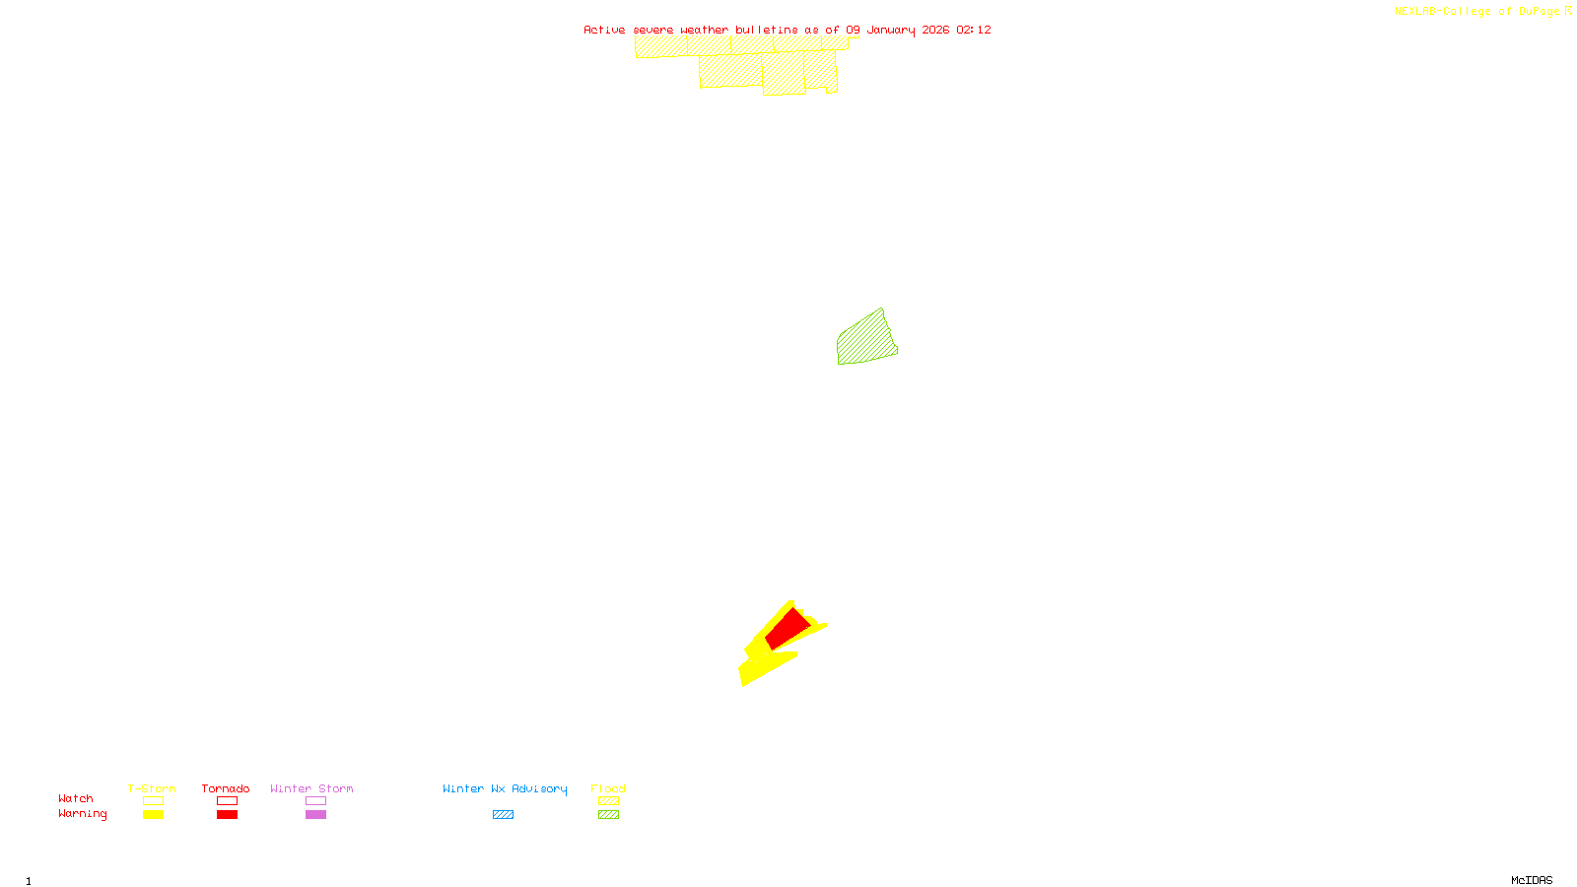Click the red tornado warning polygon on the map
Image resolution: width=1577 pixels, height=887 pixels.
click(x=788, y=628)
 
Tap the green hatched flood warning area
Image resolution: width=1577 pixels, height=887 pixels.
click(x=864, y=340)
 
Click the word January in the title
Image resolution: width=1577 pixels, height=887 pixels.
click(x=891, y=30)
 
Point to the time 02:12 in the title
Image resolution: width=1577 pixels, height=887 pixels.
click(x=974, y=30)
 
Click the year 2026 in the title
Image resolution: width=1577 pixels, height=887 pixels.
click(x=936, y=30)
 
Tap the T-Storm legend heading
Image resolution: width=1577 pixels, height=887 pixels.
click(x=152, y=788)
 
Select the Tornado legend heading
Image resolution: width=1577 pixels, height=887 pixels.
click(x=226, y=788)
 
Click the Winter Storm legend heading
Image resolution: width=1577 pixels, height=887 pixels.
click(x=311, y=788)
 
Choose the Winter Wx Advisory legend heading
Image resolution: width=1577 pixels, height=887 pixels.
click(x=505, y=788)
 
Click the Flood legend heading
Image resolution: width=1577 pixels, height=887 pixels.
click(x=608, y=788)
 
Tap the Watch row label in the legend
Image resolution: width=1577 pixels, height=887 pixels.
click(x=76, y=798)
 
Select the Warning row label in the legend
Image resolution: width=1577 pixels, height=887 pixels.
click(x=83, y=814)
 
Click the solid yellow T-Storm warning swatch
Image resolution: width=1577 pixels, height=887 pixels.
click(x=153, y=815)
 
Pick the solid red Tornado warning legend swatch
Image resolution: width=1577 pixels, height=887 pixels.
click(x=227, y=815)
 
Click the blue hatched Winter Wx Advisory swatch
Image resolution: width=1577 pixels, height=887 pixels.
click(x=503, y=815)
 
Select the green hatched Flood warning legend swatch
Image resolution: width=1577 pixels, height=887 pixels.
click(x=608, y=815)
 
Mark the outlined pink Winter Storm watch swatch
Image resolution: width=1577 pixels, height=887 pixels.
click(x=315, y=801)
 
